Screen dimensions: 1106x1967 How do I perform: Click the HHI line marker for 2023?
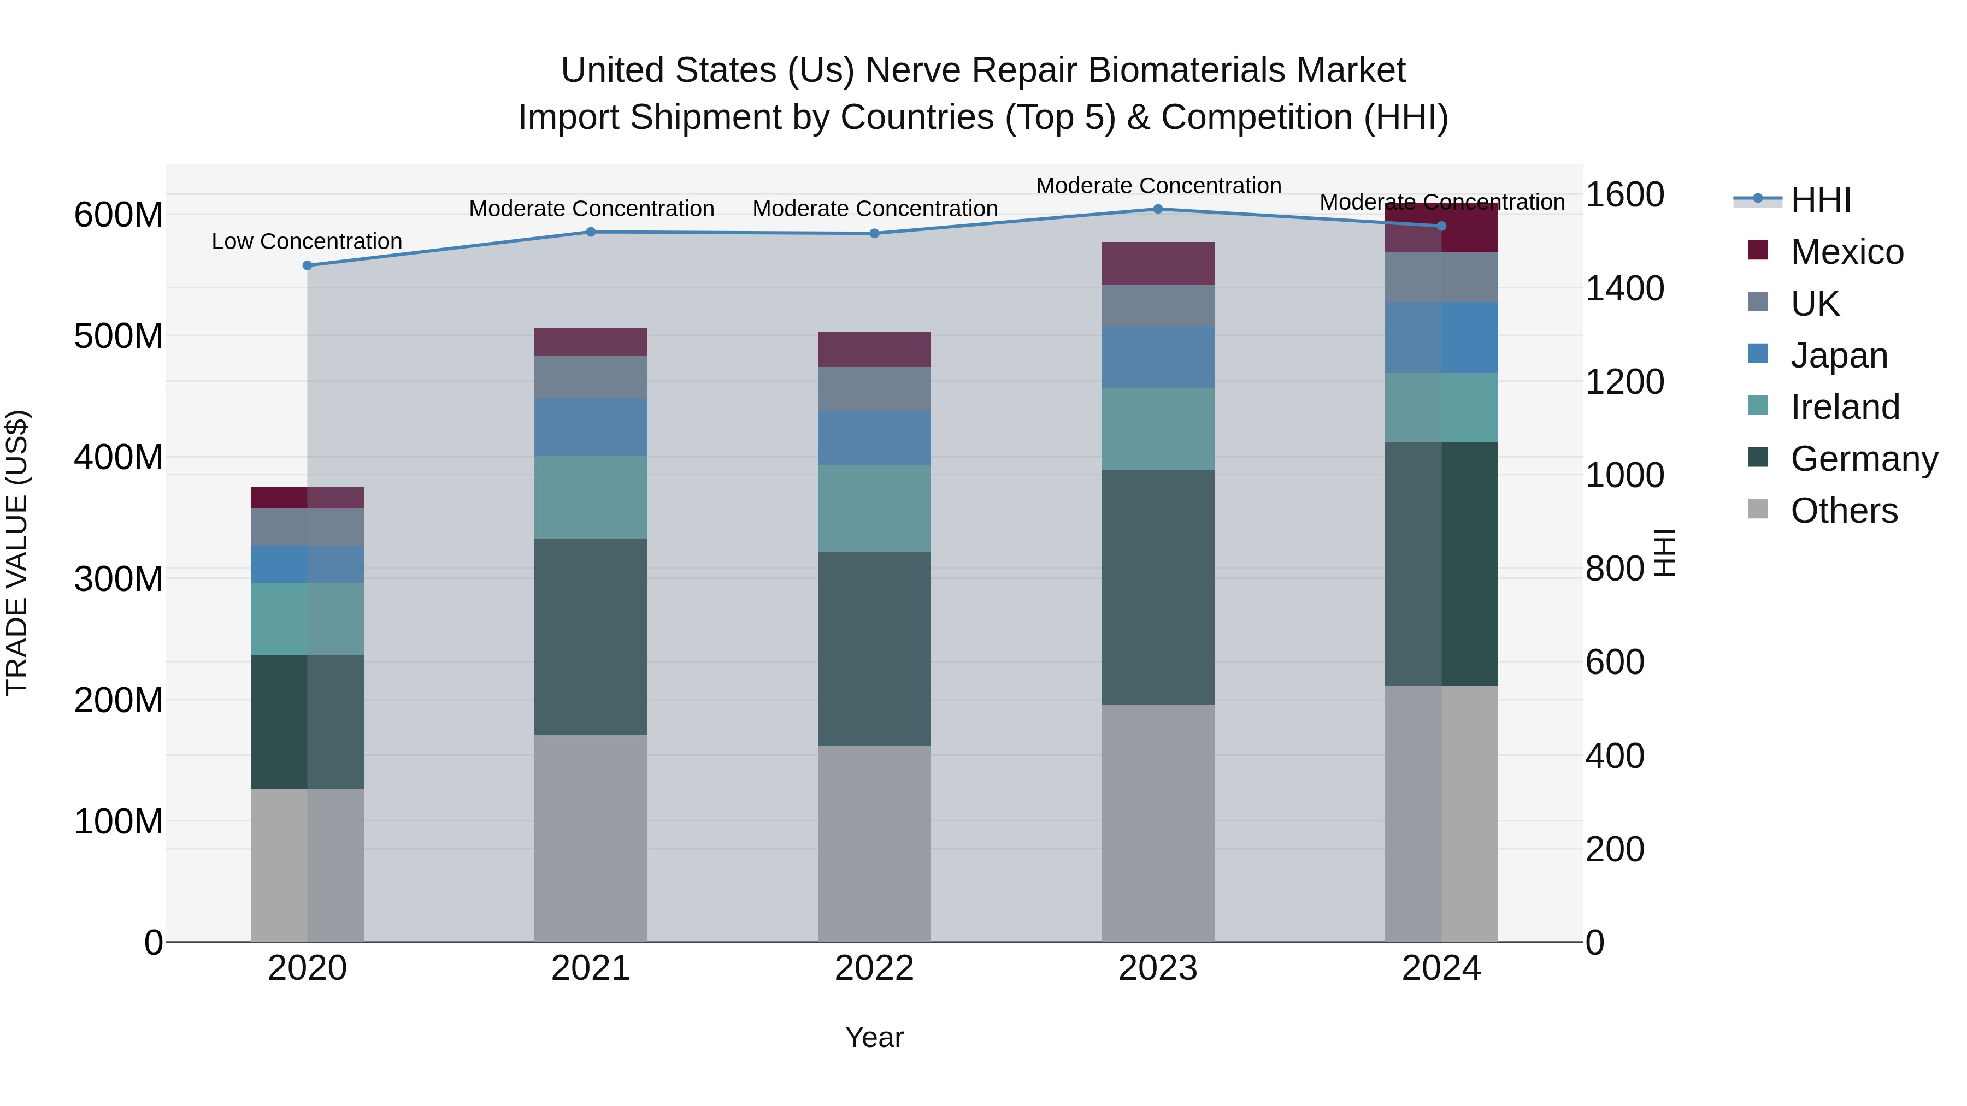[1158, 209]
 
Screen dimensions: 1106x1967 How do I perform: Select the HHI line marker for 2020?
[308, 265]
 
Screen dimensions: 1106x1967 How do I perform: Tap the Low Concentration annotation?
[307, 241]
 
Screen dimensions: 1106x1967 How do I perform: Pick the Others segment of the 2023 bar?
[1158, 823]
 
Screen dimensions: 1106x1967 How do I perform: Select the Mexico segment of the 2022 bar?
[874, 350]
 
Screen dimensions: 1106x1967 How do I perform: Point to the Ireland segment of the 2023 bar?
[1158, 429]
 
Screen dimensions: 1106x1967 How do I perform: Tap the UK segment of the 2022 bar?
[874, 389]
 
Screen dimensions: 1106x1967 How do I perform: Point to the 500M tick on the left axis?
[119, 336]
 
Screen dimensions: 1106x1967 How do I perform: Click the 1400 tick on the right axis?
[1624, 288]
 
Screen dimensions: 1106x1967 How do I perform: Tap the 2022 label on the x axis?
[874, 968]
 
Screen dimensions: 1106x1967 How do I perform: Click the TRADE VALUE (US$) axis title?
[17, 553]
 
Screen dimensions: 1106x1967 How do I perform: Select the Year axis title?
[874, 1037]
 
